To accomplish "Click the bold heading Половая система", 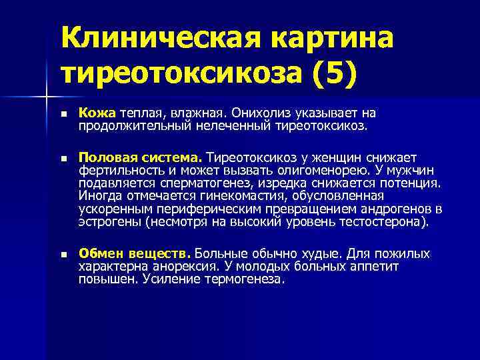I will click(140, 158).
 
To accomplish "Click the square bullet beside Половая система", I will click(63, 159).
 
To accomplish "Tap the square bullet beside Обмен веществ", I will click(63, 255).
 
